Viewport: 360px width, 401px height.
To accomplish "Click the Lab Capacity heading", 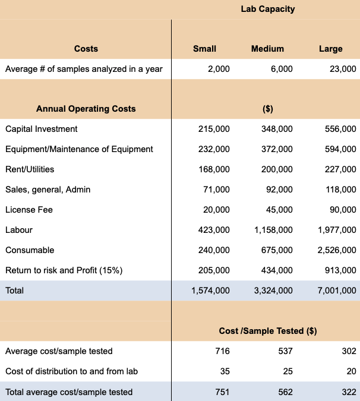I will [267, 9].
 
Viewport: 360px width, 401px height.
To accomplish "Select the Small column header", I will [205, 49].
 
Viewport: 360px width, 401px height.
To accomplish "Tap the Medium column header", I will [267, 49].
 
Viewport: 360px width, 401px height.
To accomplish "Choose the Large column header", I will [330, 49].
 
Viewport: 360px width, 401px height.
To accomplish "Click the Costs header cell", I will [86, 49].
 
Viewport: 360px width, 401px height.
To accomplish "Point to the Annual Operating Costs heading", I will [86, 109].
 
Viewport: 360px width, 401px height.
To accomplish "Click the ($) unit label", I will [267, 109].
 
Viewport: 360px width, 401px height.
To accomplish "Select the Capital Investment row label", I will [41, 129].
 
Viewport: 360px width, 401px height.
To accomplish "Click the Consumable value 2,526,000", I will [336, 250].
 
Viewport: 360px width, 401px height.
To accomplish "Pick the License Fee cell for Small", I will [217, 210].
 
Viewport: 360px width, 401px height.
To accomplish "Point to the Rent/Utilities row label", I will [30, 169].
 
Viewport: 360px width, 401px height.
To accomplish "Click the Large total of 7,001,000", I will [336, 291].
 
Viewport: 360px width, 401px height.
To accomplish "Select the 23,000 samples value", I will [343, 69].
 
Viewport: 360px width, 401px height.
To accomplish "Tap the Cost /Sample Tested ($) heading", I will [267, 331].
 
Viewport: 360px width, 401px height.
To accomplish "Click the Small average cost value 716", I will [222, 351].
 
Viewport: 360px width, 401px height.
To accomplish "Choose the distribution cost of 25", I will [288, 371].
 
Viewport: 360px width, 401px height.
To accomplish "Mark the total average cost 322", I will [349, 391].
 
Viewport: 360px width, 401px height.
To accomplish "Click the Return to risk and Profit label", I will [64, 270].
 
